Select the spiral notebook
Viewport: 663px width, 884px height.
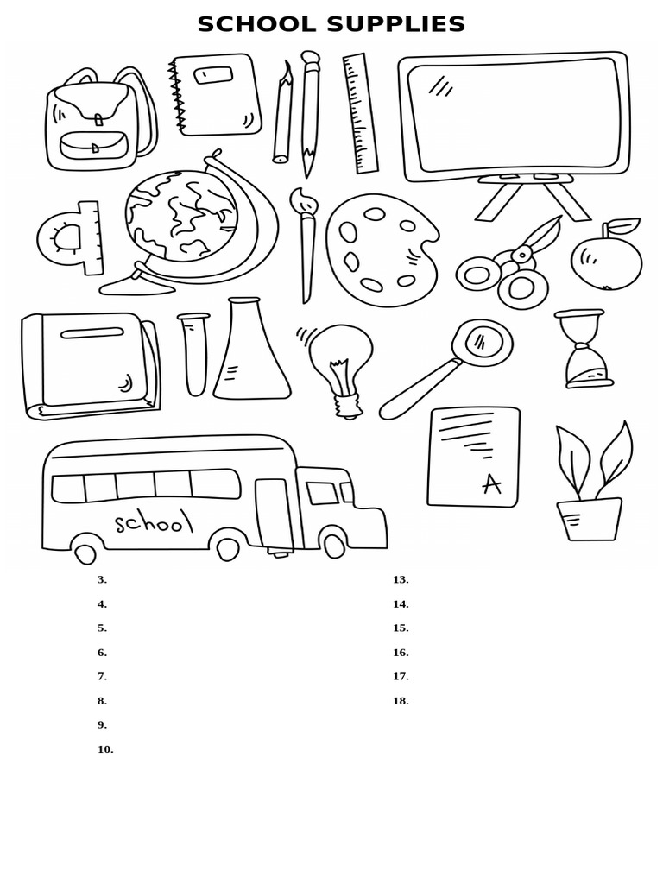pyautogui.click(x=216, y=94)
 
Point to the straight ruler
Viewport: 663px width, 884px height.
pyautogui.click(x=360, y=113)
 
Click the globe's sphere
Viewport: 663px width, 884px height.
pyautogui.click(x=180, y=216)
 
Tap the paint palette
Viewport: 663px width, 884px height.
pyautogui.click(x=380, y=249)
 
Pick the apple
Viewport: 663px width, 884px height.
pyautogui.click(x=606, y=262)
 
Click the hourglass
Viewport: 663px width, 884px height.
pyautogui.click(x=584, y=349)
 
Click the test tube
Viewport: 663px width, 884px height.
pyautogui.click(x=194, y=354)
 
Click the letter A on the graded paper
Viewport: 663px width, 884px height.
pyautogui.click(x=491, y=484)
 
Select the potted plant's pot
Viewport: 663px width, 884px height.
pyautogui.click(x=590, y=520)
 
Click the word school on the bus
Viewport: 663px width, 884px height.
pyautogui.click(x=153, y=521)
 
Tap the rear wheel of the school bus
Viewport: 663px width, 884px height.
pyautogui.click(x=85, y=551)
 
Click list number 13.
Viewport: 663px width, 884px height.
pyautogui.click(x=401, y=580)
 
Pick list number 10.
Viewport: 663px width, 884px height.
pyautogui.click(x=105, y=749)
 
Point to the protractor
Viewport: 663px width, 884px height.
pyautogui.click(x=69, y=238)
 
